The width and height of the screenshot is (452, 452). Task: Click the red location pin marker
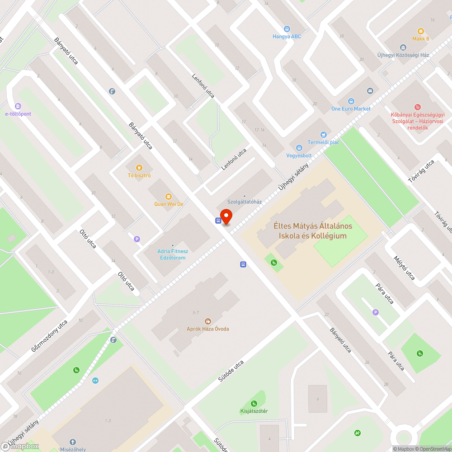[x=226, y=217]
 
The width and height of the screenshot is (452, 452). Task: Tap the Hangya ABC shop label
[x=287, y=36]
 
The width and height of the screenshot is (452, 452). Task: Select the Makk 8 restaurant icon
[x=421, y=31]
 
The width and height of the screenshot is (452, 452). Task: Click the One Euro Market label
[x=351, y=108]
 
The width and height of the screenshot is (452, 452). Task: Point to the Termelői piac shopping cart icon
[x=323, y=134]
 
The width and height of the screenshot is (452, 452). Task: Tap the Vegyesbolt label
[x=299, y=155]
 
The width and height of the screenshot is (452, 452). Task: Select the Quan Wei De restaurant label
[x=169, y=204]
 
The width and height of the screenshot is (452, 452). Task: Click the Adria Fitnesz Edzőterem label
[x=172, y=254]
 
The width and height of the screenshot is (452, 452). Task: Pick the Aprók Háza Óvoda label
[x=208, y=329]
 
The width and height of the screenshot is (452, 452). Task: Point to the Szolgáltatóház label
[x=245, y=202]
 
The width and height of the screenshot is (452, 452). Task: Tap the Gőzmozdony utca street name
[x=49, y=336]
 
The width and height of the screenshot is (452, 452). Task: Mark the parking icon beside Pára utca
[x=375, y=312]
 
